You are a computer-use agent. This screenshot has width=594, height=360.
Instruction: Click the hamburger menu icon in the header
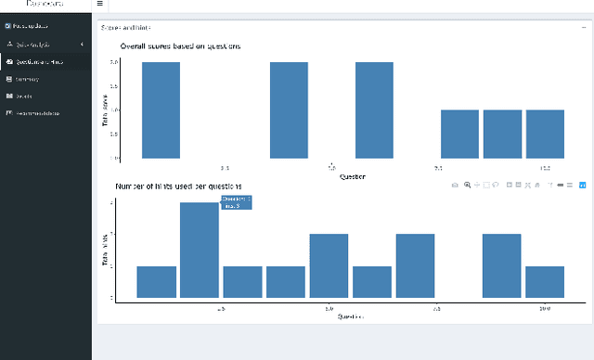100,5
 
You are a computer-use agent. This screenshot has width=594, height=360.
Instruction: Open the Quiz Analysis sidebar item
37,45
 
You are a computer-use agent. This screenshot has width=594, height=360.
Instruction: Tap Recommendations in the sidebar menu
37,113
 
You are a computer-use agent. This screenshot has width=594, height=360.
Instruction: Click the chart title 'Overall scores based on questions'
180,46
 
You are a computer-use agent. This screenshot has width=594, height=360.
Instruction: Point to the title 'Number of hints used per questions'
178,186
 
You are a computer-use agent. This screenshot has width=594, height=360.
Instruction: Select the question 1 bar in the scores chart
161,110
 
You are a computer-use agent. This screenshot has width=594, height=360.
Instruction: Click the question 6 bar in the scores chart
374,110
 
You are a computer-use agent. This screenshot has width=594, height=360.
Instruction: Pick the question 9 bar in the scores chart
502,135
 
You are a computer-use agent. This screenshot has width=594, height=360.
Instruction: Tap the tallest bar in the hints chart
199,250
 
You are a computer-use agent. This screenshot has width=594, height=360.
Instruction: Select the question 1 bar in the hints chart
156,282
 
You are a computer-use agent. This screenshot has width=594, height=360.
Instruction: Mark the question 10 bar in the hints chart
545,282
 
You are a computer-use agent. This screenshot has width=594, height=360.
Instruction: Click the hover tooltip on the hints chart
236,202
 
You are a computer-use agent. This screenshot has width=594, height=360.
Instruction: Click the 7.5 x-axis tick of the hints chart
436,308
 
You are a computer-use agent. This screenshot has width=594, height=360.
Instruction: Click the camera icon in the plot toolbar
455,186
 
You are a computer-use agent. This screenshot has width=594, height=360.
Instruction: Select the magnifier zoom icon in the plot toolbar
467,186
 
